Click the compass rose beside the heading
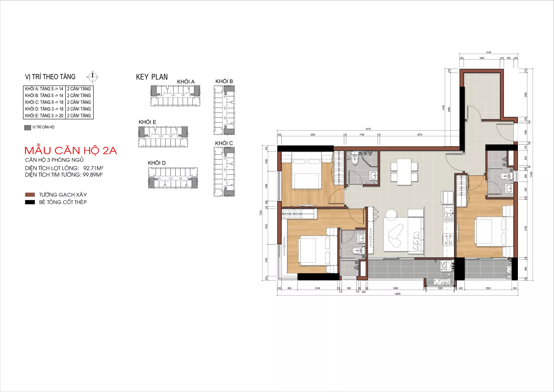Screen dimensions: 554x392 coord(93,77)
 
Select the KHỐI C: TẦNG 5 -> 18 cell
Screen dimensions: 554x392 coord(44,102)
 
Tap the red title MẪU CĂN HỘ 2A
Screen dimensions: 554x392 coord(71,151)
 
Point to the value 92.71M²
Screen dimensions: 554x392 coord(93,168)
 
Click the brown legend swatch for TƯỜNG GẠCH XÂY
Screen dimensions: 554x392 coord(30,195)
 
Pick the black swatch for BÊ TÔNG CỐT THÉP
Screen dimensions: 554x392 coord(30,202)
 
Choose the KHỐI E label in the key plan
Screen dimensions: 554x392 coord(147,122)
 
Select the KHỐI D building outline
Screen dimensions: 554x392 coord(173,178)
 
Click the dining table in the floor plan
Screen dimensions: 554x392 coord(404,172)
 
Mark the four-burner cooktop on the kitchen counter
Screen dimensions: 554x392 coord(448,240)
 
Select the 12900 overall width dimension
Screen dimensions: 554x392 coord(397,294)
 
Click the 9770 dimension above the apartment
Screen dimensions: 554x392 coord(368,129)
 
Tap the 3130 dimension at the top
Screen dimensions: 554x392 coord(489,53)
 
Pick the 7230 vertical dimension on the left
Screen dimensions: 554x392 coord(261,213)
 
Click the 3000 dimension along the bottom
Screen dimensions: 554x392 coord(396,288)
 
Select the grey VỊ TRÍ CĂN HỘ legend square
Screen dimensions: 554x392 coord(28,127)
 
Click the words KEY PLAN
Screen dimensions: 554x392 coord(152,77)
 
